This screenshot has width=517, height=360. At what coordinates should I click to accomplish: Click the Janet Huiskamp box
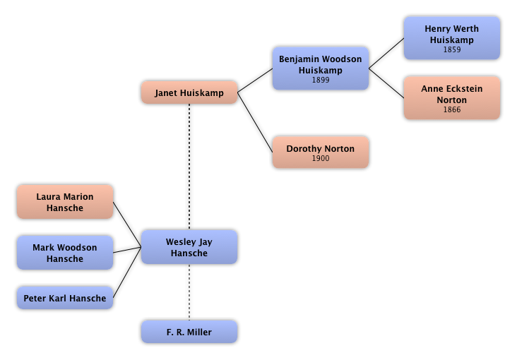(189, 93)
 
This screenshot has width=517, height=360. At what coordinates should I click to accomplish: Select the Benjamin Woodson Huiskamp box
(321, 68)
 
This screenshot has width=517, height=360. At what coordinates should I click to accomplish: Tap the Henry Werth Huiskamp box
(451, 38)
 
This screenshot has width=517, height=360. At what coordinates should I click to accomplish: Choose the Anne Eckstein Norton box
(451, 99)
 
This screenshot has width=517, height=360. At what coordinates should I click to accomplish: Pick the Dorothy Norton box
(321, 152)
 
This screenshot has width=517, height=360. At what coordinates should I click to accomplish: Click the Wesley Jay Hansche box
(189, 247)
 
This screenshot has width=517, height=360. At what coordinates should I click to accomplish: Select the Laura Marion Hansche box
(65, 202)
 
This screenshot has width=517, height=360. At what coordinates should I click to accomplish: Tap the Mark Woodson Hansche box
(65, 253)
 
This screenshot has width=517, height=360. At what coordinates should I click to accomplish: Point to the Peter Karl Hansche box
(65, 298)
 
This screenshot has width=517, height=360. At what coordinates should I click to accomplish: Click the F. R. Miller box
(189, 332)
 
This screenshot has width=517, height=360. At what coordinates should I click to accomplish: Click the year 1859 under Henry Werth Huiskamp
(451, 50)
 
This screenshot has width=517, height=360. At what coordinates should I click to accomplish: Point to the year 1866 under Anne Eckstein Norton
(451, 110)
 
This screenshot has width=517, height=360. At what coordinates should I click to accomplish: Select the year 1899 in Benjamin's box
(321, 80)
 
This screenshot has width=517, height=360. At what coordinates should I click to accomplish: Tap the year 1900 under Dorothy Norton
(321, 159)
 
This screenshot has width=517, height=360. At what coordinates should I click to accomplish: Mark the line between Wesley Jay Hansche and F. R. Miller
(189, 292)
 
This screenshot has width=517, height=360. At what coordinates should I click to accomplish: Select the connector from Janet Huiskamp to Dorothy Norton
(255, 120)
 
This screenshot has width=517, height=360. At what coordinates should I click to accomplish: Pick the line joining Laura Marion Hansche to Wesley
(127, 219)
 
